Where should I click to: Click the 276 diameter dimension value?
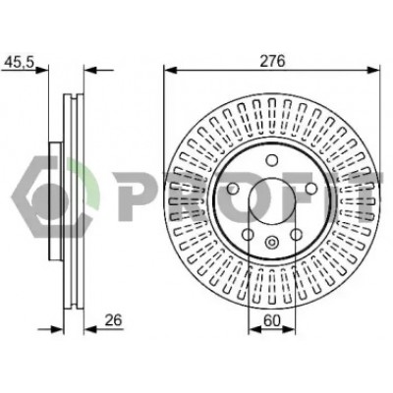pos(272,61)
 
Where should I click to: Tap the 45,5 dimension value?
pos(19,62)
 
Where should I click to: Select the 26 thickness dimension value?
pos(113,320)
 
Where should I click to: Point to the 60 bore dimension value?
pos(272,320)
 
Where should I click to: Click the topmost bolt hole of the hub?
pos(271,160)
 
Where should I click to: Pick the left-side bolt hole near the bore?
pos(233,189)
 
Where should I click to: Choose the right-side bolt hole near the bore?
pos(310,189)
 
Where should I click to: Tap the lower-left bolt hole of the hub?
pos(248,234)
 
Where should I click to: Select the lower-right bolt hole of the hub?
pos(296,234)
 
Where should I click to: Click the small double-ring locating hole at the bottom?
pos(271,243)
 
